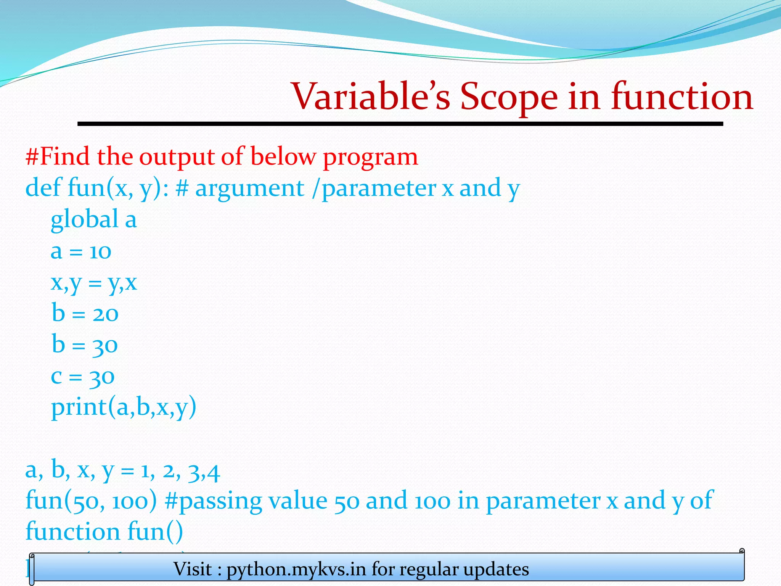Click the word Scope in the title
[509, 97]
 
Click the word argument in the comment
[249, 188]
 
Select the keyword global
[84, 220]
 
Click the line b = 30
[85, 345]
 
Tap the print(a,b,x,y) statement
[124, 408]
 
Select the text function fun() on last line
[104, 531]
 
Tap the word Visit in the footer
[193, 569]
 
